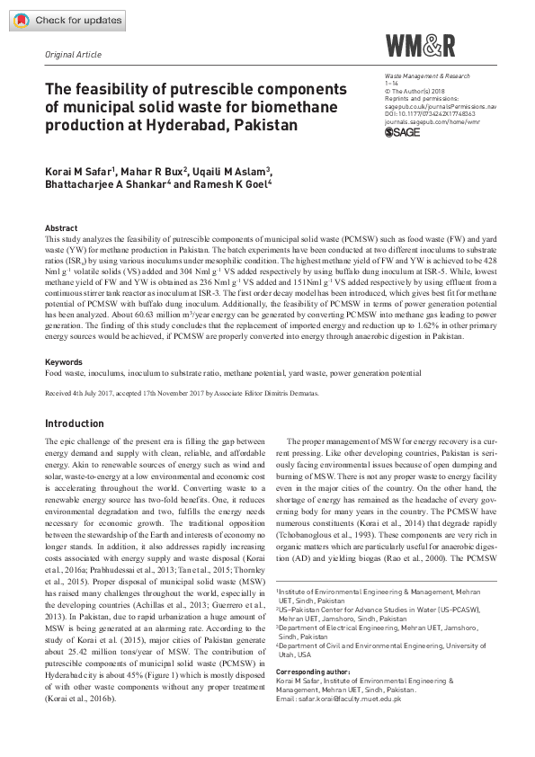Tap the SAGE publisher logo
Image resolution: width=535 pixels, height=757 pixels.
coord(402,132)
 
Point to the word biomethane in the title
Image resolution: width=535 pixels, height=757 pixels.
coord(293,107)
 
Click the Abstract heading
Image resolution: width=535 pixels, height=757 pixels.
coord(61,229)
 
